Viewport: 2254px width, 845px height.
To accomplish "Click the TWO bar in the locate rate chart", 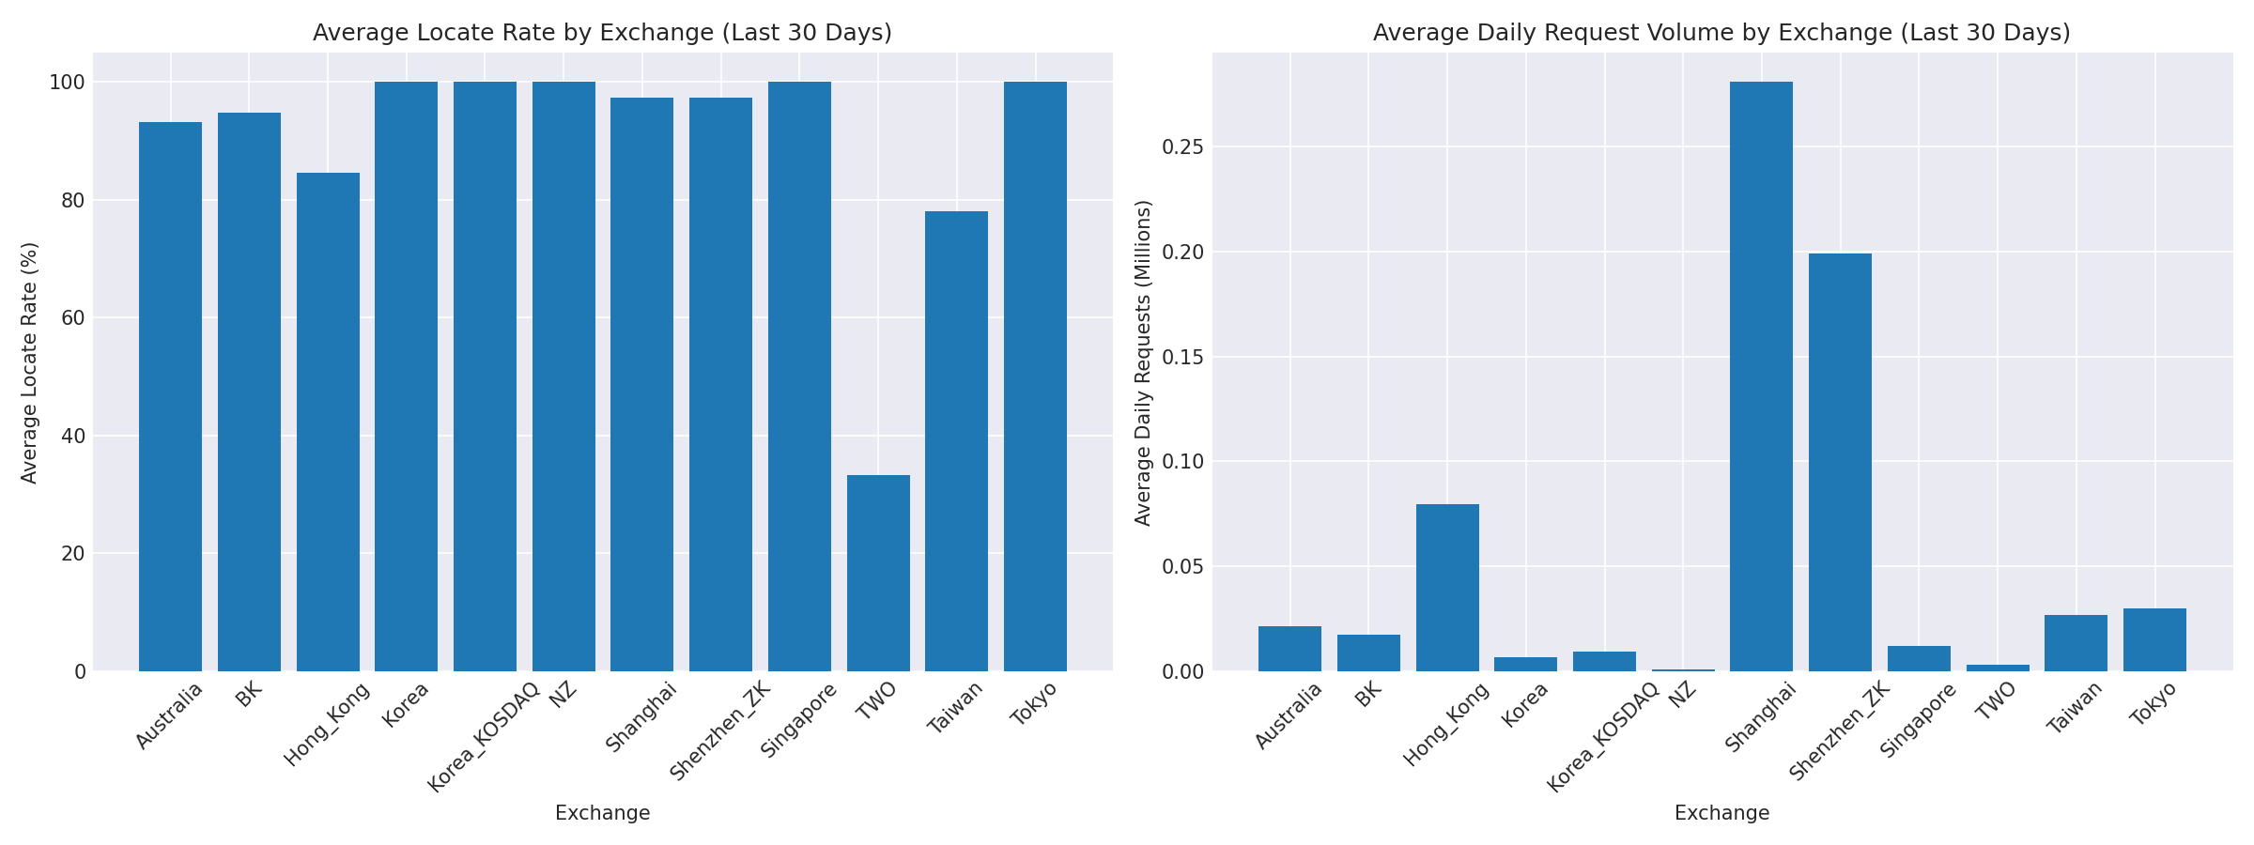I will (x=878, y=573).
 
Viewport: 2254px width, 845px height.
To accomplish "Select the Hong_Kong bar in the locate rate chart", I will (x=328, y=422).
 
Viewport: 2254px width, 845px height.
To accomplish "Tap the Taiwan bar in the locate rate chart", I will (x=956, y=441).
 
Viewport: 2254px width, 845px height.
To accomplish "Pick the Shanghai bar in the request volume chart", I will (x=1761, y=376).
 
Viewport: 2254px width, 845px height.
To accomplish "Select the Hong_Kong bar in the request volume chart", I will (x=1447, y=588).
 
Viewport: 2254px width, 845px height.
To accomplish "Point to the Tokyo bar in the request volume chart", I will (x=2154, y=640).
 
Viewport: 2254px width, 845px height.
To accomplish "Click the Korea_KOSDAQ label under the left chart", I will (x=484, y=738).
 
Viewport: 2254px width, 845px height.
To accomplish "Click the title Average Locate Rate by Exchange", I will (x=602, y=33).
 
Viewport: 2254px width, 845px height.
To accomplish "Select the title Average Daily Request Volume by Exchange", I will (x=1721, y=33).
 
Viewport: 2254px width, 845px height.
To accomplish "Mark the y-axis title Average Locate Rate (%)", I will (x=29, y=362).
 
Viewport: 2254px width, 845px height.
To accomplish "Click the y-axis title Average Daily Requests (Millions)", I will (x=1143, y=362).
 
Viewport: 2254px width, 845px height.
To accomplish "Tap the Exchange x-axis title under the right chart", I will (x=1721, y=813).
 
